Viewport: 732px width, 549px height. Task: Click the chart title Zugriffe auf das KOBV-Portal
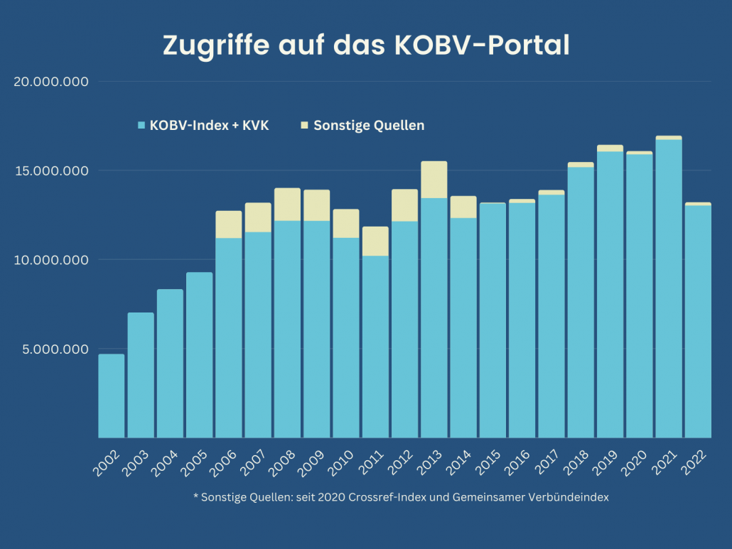coord(366,45)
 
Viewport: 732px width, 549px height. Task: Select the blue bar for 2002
coord(111,396)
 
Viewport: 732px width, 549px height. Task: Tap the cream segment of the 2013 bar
coord(434,180)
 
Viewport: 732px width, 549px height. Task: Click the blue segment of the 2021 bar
coord(668,288)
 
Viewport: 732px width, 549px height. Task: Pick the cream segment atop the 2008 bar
coord(287,205)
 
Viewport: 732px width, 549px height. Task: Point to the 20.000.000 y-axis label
coord(51,82)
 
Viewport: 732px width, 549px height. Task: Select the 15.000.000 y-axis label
coord(51,171)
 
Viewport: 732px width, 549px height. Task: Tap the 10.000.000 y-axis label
coord(51,260)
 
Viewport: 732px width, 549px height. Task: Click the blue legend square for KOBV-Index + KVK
coord(141,126)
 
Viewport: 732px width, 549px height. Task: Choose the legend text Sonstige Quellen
coord(369,126)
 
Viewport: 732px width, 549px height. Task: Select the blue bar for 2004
coord(170,363)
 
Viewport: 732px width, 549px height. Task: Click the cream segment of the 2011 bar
coord(375,241)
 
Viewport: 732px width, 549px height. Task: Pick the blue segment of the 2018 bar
coord(580,302)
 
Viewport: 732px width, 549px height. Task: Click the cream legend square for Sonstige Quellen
coord(305,126)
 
